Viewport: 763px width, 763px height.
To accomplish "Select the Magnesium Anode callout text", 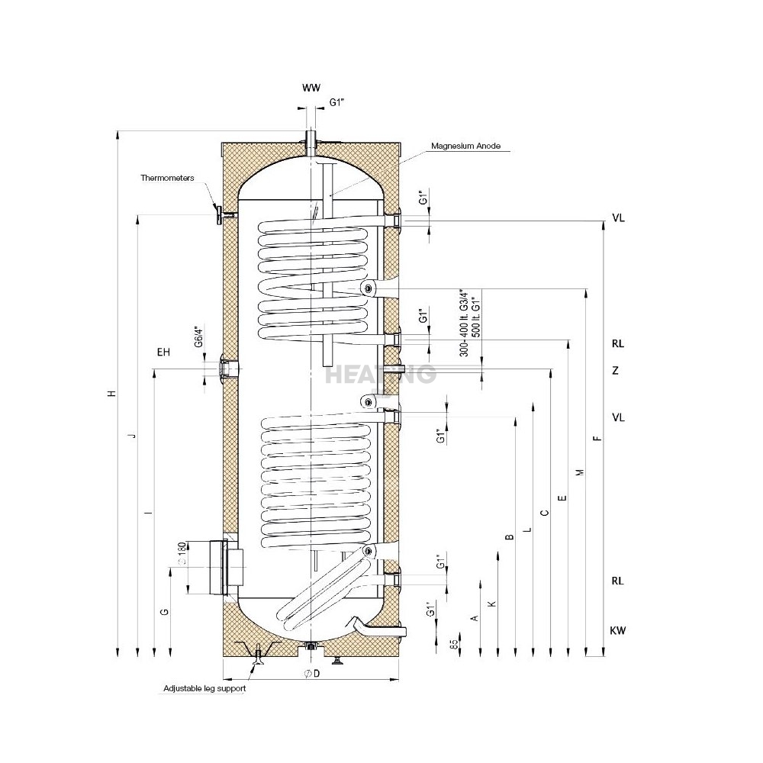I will [465, 146].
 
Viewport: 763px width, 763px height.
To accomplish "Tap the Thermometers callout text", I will [167, 178].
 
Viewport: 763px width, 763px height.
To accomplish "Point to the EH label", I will [163, 353].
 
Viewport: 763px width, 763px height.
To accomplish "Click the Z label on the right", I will [615, 371].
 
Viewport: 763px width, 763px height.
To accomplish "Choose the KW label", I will [618, 631].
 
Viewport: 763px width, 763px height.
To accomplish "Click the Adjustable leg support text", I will [204, 688].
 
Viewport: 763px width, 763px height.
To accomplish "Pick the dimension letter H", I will [111, 394].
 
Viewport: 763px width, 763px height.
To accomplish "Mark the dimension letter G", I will [163, 612].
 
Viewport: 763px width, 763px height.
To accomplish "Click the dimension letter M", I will [579, 472].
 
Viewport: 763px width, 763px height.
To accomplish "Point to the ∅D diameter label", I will [310, 674].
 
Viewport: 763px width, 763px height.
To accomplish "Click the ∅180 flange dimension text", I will [182, 552].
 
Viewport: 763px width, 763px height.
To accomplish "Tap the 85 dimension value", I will [454, 645].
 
